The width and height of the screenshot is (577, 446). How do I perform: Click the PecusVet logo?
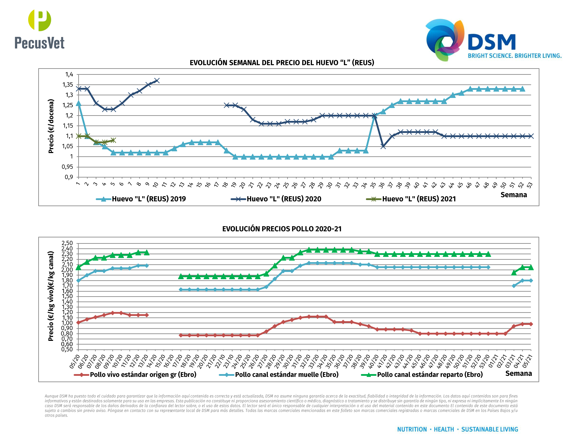pos(40,30)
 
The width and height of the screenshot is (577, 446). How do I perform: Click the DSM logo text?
pos(491,42)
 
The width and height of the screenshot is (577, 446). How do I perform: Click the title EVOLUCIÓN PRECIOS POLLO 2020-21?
pos(282,229)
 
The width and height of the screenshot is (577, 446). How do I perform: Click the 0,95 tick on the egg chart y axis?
pos(67,167)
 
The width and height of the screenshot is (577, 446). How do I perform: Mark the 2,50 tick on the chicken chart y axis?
pos(67,243)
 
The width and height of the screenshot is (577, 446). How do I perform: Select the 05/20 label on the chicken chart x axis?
pos(75,361)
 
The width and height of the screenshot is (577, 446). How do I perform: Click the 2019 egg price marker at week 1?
pos(78,103)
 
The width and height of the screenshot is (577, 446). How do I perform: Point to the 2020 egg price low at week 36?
pos(383,146)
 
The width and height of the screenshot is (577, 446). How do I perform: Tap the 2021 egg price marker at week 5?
pos(113,140)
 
